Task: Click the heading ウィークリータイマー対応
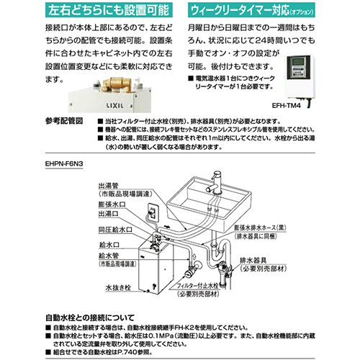[244, 11]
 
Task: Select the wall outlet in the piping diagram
[153, 215]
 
